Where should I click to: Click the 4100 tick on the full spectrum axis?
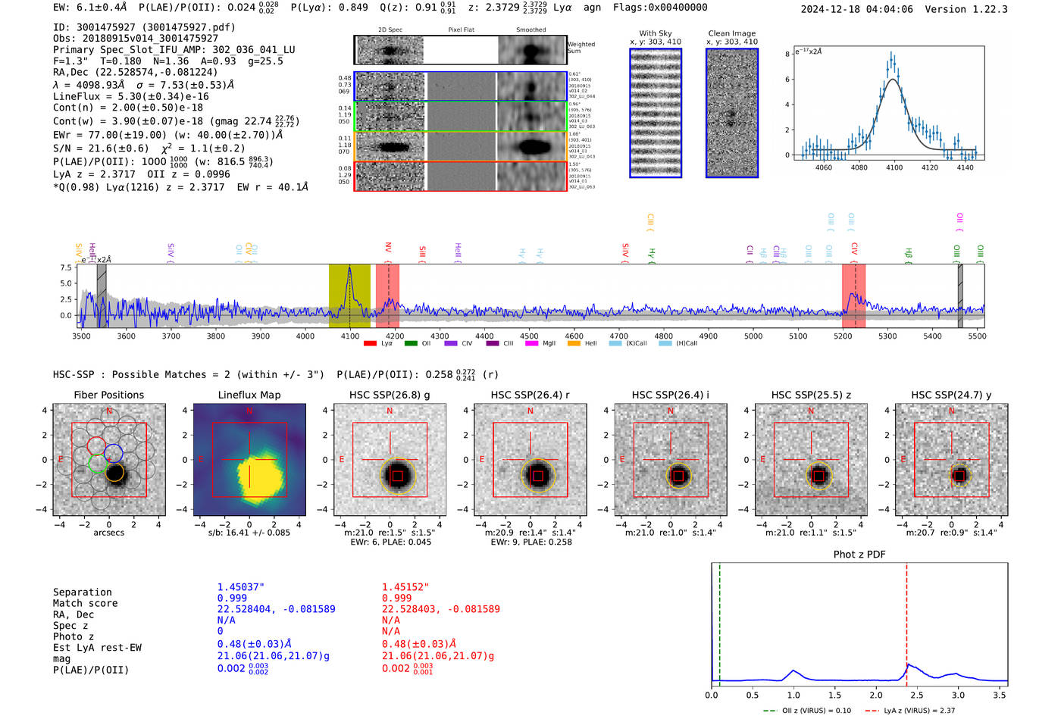[x=350, y=336]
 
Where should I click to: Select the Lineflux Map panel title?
[x=249, y=395]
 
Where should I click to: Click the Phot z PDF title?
[x=859, y=555]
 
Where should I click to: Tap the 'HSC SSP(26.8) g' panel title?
[x=390, y=395]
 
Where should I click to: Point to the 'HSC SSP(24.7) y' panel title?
[x=951, y=395]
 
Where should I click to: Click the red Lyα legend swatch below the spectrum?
[x=370, y=344]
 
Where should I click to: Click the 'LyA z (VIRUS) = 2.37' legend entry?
[x=911, y=711]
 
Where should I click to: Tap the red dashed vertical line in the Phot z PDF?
[x=906, y=621]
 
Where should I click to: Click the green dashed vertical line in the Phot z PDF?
[x=719, y=621]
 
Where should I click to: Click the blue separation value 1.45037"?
[x=240, y=587]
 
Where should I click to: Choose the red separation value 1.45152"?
[x=405, y=587]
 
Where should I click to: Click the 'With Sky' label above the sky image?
[x=655, y=33]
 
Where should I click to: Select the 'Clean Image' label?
[x=731, y=33]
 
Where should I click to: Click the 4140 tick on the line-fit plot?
[x=965, y=167]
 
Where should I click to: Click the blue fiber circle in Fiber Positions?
[x=114, y=453]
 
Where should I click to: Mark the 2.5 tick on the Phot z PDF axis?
[x=917, y=695]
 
